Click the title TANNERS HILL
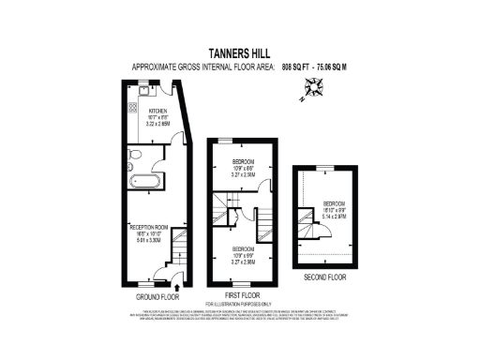point(240,54)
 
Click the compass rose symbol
point(312,90)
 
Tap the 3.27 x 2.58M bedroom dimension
point(243,174)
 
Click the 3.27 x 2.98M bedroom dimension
point(243,263)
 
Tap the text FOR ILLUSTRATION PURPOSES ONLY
point(240,305)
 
